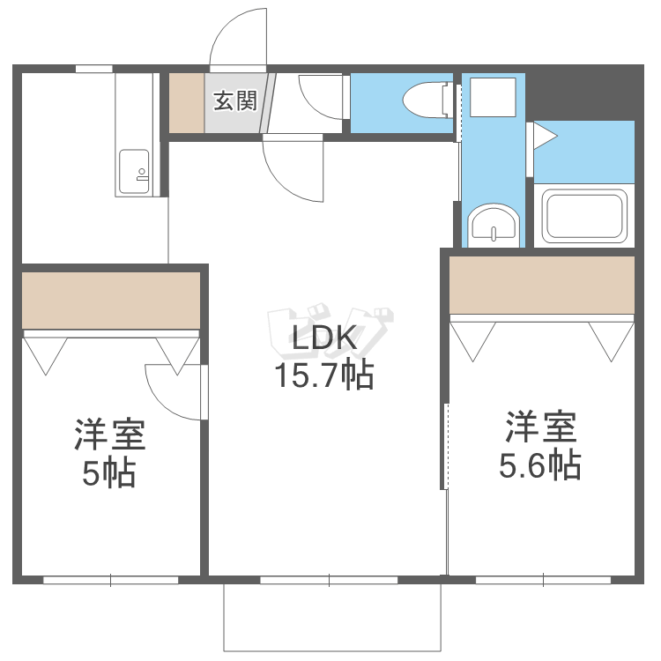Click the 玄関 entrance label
(x=234, y=100)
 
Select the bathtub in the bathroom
(x=585, y=215)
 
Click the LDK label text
(x=323, y=339)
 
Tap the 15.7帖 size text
(x=323, y=376)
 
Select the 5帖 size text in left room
(x=108, y=473)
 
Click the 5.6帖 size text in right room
(x=539, y=464)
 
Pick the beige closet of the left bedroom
(x=111, y=300)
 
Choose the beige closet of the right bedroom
(x=542, y=284)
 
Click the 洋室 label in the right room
(x=540, y=427)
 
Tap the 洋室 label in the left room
(x=109, y=435)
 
